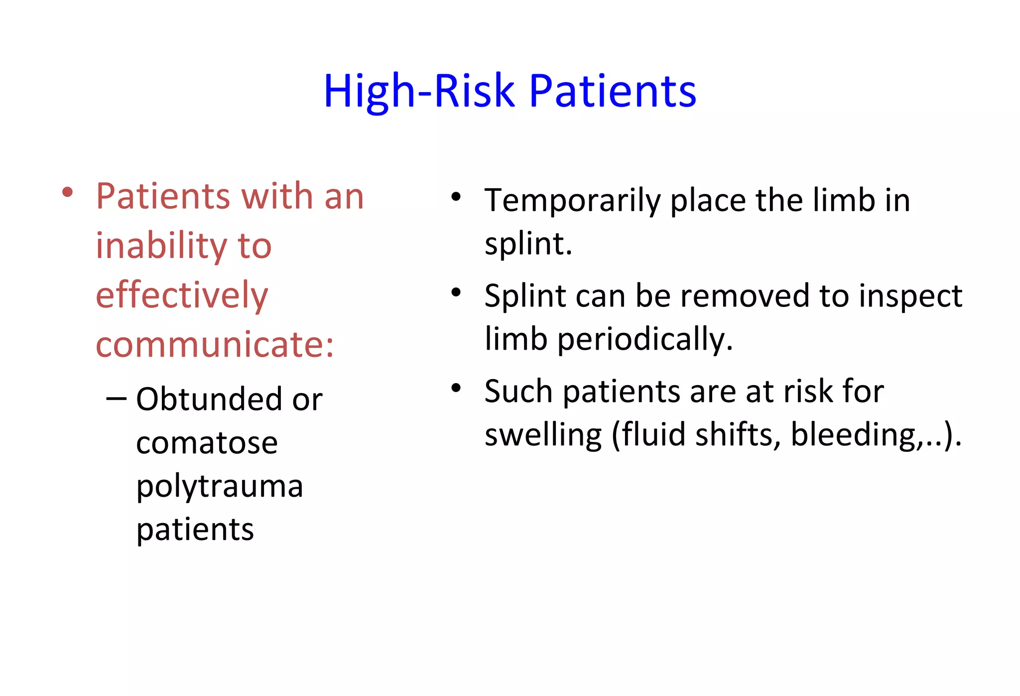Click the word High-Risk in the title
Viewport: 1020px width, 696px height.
point(419,91)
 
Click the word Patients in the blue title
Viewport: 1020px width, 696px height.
point(612,91)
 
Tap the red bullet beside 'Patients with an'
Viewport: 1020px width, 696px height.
point(68,193)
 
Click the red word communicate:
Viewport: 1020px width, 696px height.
point(215,344)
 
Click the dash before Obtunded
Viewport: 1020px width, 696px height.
point(116,400)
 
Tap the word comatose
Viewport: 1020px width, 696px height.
point(207,443)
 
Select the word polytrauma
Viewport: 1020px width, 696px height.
point(220,487)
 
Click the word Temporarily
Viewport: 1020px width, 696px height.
point(573,201)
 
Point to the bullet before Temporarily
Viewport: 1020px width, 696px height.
point(456,197)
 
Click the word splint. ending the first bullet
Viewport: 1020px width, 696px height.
point(528,244)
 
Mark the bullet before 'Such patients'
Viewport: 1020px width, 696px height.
point(456,388)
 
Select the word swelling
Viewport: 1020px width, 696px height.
point(543,435)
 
